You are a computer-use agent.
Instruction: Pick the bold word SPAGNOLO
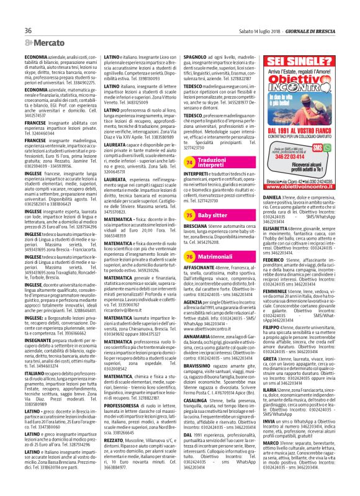tap(195, 56)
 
